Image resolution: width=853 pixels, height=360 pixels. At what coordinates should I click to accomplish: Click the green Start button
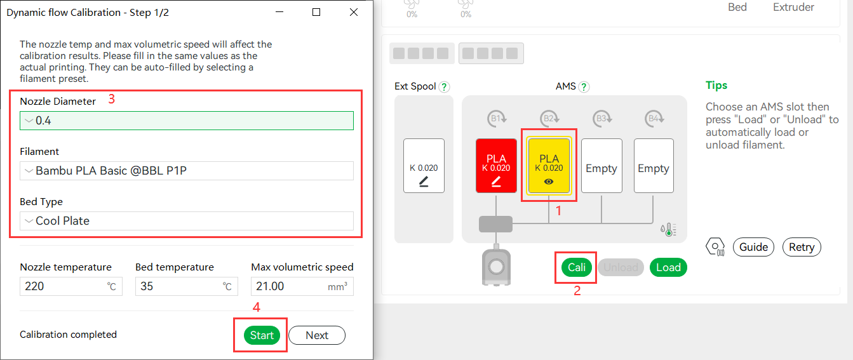coord(262,335)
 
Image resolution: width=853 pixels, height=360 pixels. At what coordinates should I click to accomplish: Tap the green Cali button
coord(577,267)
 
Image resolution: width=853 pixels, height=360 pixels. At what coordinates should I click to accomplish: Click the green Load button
coord(668,267)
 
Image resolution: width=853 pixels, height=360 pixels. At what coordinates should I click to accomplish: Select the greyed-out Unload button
coord(621,267)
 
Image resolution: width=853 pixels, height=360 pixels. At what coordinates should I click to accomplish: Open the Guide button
coord(753,247)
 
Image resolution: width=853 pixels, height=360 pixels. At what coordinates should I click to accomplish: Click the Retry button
coord(802,247)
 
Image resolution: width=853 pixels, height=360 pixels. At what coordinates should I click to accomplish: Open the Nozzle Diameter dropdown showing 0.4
coord(187,121)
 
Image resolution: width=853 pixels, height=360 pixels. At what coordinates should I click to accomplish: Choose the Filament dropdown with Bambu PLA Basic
coord(187,171)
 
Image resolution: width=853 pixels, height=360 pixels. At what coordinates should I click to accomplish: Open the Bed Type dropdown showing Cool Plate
coord(187,221)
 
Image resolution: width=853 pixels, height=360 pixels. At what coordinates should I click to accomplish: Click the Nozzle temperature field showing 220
coord(71,286)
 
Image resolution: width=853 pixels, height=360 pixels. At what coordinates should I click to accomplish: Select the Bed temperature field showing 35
coord(187,286)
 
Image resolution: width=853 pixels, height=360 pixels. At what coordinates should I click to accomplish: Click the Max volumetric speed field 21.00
coord(302,286)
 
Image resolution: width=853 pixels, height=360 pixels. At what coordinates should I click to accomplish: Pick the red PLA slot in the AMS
coord(496,166)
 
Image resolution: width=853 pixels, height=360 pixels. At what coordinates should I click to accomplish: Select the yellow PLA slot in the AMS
coord(549,166)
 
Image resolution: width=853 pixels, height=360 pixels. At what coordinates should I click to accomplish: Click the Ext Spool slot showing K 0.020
coord(424,166)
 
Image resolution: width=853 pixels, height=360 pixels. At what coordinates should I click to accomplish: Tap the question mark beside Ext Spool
coord(444,87)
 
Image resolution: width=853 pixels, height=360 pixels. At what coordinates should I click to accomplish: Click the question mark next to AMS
coord(584,87)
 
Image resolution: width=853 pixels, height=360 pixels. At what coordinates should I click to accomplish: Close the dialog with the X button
coord(354,12)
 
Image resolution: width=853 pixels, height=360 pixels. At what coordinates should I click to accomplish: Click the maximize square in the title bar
coord(316,12)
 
